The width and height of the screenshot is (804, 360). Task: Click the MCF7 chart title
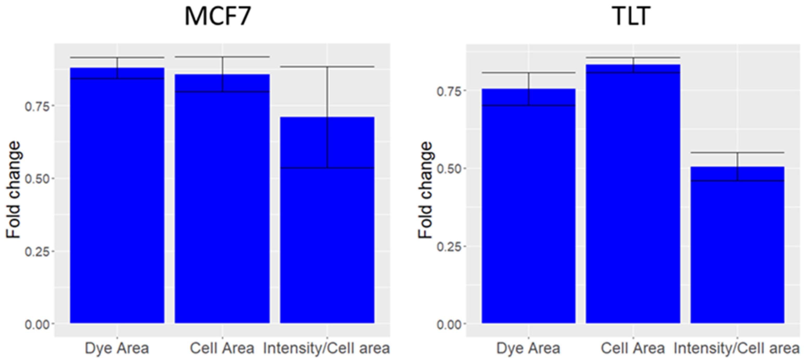click(x=218, y=16)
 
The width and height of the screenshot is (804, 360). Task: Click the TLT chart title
click(x=632, y=16)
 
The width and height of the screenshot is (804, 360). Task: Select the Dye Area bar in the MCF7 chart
click(x=117, y=200)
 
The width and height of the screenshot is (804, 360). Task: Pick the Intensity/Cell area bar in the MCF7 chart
click(x=327, y=225)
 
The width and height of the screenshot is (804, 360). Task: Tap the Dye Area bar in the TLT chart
click(x=528, y=209)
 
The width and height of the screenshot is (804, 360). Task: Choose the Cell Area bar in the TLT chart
click(x=633, y=197)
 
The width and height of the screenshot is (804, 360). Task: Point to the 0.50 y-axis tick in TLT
click(x=449, y=169)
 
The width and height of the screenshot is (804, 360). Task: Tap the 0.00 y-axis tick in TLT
click(x=449, y=324)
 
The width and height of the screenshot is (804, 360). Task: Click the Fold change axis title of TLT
click(x=425, y=190)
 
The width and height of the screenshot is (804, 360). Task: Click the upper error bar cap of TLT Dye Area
click(x=528, y=73)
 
